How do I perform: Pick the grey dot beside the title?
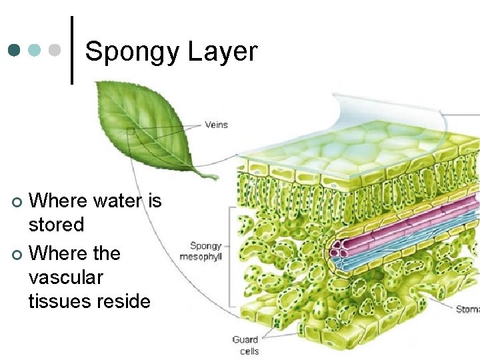tap(55, 50)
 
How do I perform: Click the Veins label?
tap(216, 125)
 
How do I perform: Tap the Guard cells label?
tap(245, 345)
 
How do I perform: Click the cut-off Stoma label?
tap(467, 309)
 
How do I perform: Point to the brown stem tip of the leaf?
tap(212, 177)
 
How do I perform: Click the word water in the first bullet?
tap(111, 201)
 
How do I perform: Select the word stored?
tap(56, 225)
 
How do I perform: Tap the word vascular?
tap(66, 277)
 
